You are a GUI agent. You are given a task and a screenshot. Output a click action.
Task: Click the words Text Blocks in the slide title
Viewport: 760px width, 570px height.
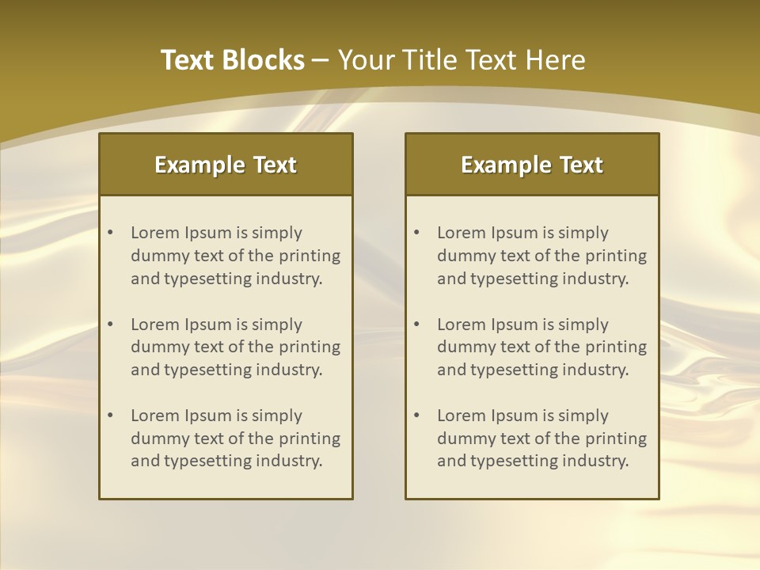233,60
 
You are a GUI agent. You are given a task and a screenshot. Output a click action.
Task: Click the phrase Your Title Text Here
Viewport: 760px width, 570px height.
462,60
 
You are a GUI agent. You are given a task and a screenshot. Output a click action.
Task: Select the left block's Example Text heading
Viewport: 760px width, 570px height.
226,165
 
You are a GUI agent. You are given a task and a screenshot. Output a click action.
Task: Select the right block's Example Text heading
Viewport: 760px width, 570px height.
532,165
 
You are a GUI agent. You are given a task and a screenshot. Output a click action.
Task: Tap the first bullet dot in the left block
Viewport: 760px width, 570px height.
110,233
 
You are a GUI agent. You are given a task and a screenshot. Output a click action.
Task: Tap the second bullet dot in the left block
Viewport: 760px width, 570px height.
110,325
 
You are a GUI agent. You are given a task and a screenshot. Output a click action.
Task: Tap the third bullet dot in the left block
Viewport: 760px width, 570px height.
110,416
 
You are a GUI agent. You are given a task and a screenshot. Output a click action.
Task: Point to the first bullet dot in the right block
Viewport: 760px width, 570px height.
416,233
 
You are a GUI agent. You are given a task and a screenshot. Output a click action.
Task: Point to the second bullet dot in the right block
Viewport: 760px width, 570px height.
416,325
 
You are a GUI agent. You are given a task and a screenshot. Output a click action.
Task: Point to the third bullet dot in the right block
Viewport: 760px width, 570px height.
416,416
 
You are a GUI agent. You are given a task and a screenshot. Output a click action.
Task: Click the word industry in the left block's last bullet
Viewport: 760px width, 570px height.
289,462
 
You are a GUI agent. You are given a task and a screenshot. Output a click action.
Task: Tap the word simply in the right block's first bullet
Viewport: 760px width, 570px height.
583,233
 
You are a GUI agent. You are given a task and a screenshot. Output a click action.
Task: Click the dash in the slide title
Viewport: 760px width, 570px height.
321,60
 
